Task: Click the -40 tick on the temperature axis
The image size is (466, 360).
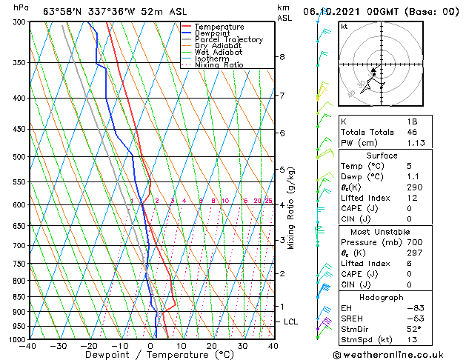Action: coord(28,346)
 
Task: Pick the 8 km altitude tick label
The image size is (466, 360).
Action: coord(282,57)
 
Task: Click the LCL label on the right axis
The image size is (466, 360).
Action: coord(290,321)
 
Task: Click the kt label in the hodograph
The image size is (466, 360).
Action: coord(344,26)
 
